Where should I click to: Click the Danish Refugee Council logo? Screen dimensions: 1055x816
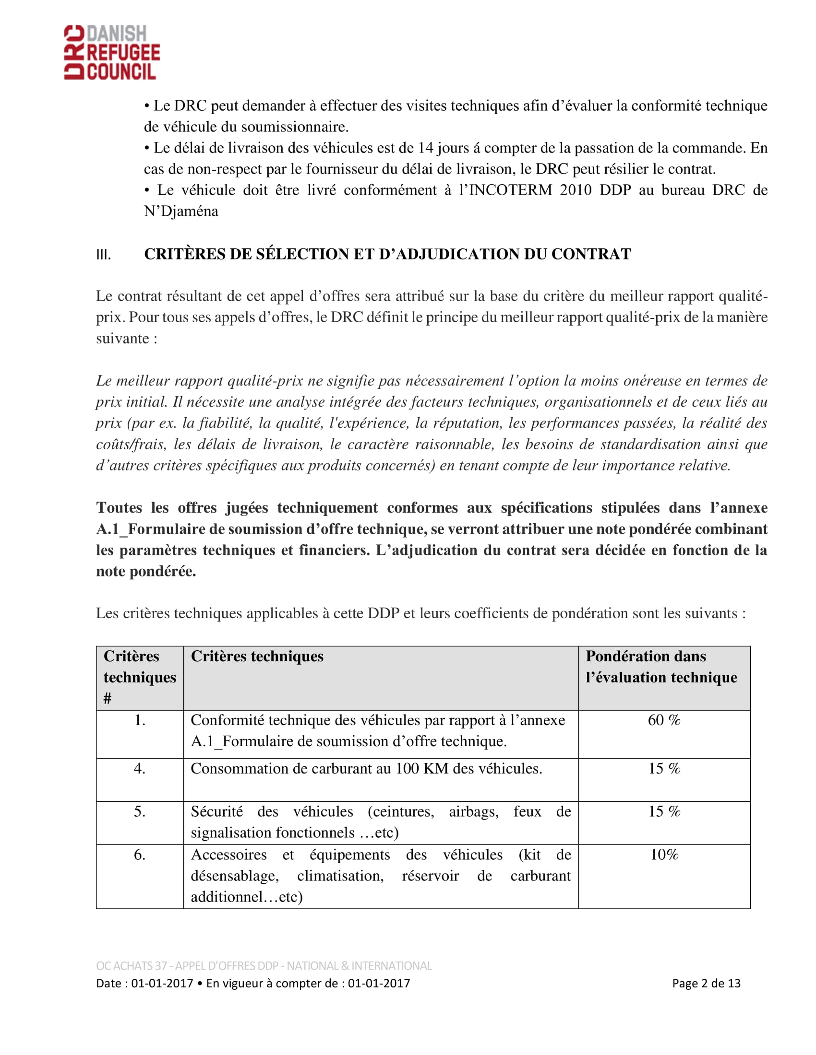tap(112, 52)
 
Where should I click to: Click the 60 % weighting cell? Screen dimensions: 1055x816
tap(664, 720)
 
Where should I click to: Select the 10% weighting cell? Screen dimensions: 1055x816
tap(664, 855)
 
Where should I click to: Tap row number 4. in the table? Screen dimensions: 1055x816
tap(140, 769)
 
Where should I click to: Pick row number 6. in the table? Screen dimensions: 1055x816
tap(140, 855)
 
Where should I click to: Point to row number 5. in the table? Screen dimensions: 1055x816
tap(140, 811)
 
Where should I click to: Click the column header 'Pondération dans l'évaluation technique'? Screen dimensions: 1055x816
tap(661, 667)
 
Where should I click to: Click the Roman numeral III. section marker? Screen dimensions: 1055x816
tap(104, 255)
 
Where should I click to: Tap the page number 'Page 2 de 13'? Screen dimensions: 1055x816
tap(706, 983)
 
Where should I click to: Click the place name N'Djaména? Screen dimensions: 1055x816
tap(181, 211)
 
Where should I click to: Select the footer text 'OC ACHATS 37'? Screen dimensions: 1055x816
tap(132, 966)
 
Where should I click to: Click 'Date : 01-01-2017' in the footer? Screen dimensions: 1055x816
tap(144, 983)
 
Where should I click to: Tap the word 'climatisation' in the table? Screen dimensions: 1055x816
tap(340, 876)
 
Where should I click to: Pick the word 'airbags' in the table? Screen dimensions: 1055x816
tap(474, 811)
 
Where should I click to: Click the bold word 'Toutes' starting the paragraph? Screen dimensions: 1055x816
tap(119, 508)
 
